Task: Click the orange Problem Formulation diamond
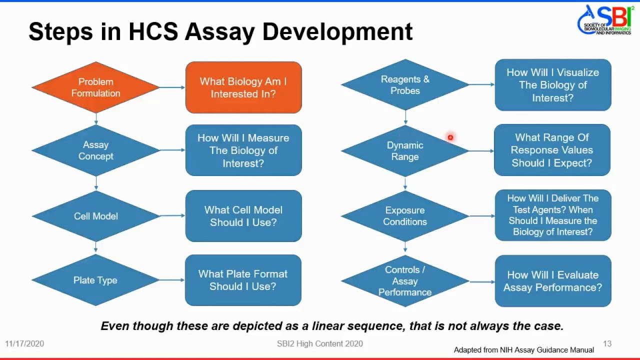pos(95,87)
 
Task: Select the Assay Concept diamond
pos(95,150)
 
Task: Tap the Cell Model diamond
pos(95,216)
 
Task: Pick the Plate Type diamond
pos(95,280)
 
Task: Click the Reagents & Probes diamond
pos(405,85)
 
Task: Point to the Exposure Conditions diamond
pos(405,216)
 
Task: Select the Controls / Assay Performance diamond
pos(405,281)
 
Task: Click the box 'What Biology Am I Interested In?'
pos(243,87)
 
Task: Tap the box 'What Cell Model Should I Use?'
pos(243,216)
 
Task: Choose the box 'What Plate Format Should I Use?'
pos(243,280)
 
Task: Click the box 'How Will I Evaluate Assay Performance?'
pos(553,281)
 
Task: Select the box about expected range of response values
pos(552,150)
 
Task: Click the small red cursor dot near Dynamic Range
pos(450,137)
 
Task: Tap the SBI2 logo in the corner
pos(604,20)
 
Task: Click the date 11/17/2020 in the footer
pos(24,344)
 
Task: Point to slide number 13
pos(607,344)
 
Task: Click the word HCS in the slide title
pos(153,31)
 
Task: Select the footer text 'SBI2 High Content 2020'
pos(320,344)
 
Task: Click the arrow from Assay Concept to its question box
pos(172,150)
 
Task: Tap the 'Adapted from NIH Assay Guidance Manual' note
pos(523,350)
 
